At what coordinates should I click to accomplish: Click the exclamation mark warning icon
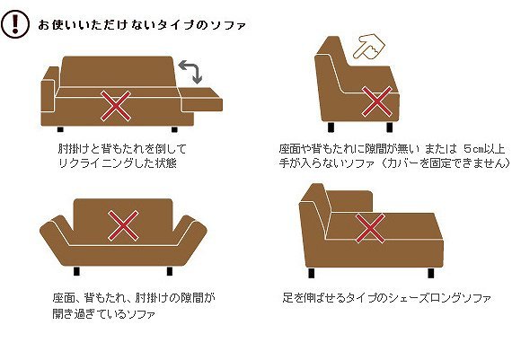tap(15, 24)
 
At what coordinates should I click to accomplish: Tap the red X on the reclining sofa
tap(116, 106)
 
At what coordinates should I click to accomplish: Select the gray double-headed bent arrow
tap(190, 72)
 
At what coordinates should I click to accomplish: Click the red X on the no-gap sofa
tap(377, 101)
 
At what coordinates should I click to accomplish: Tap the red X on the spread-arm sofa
tap(123, 226)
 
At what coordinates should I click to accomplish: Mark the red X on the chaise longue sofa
tap(370, 228)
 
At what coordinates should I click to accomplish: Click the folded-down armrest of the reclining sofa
tap(201, 100)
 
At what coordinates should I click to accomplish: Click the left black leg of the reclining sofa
tap(60, 129)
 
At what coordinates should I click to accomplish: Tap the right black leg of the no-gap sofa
tap(390, 127)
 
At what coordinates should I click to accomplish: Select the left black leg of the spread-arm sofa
tap(76, 271)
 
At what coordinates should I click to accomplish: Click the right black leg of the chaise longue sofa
tap(431, 273)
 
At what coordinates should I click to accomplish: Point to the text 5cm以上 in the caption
tap(484, 149)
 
